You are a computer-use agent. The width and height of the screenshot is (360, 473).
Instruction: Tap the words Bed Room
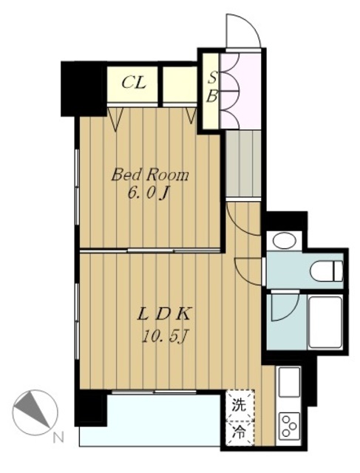click(x=150, y=175)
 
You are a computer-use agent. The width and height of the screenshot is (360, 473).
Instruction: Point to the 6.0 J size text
click(x=148, y=194)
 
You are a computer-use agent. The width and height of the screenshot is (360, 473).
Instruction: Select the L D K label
click(x=163, y=316)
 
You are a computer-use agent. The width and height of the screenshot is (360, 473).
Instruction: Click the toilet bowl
click(x=326, y=271)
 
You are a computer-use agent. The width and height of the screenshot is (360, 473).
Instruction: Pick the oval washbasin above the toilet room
click(x=284, y=241)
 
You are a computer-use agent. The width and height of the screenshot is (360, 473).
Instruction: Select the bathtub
click(x=325, y=322)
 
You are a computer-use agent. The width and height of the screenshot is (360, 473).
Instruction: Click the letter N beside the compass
click(x=58, y=437)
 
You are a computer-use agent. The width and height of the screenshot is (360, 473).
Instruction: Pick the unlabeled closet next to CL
click(x=180, y=84)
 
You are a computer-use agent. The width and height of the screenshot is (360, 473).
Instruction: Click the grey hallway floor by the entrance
click(x=243, y=164)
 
